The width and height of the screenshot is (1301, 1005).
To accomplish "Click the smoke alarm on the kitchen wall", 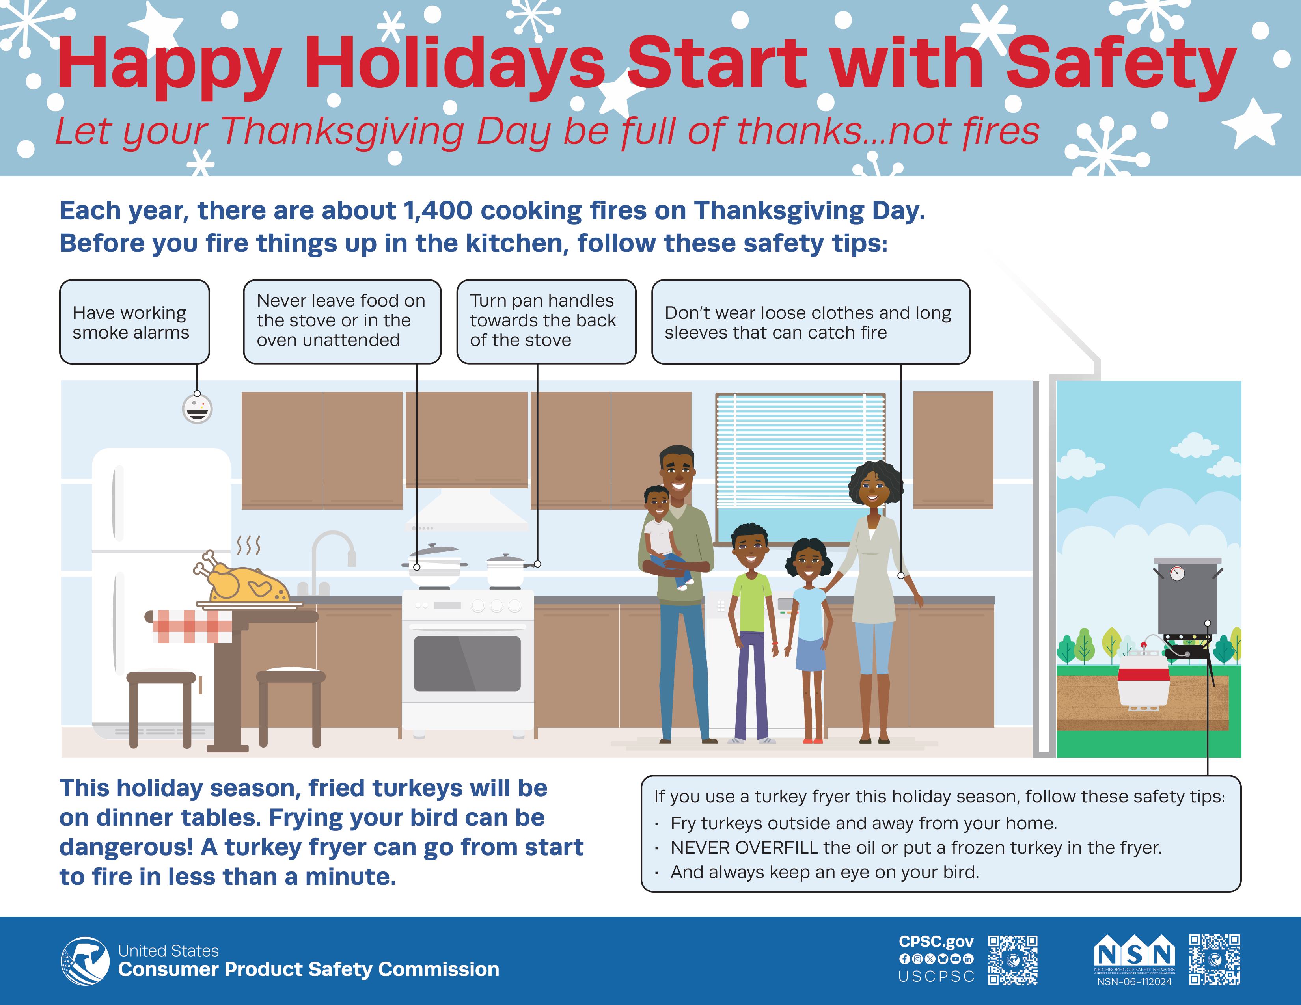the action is (x=197, y=409).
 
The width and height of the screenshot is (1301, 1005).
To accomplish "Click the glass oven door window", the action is (x=467, y=664).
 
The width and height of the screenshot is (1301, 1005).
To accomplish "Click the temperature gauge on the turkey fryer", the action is (x=1177, y=573).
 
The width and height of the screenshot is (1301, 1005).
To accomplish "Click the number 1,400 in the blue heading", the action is (x=438, y=211).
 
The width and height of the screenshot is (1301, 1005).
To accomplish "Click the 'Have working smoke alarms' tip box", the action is (x=134, y=322).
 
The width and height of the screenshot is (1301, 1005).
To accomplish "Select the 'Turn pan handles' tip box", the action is (x=546, y=322).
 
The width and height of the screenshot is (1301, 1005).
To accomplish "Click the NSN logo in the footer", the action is (x=1134, y=953).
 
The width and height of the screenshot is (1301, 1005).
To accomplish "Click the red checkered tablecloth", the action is (x=192, y=626).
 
